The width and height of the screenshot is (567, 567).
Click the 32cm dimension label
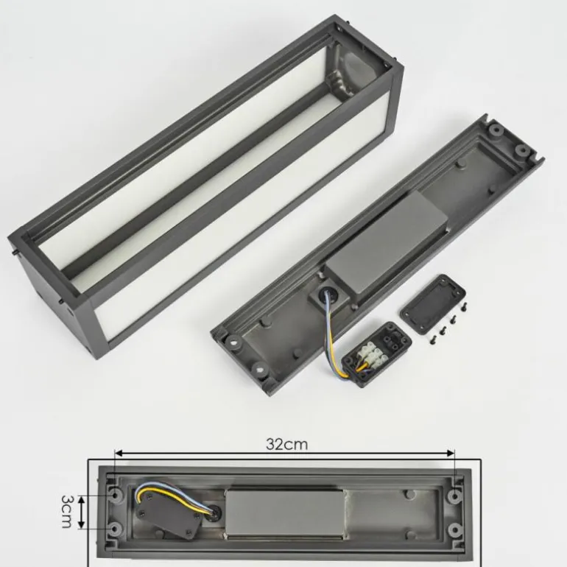tap(286, 444)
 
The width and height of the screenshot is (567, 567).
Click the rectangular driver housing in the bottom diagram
tap(283, 513)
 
